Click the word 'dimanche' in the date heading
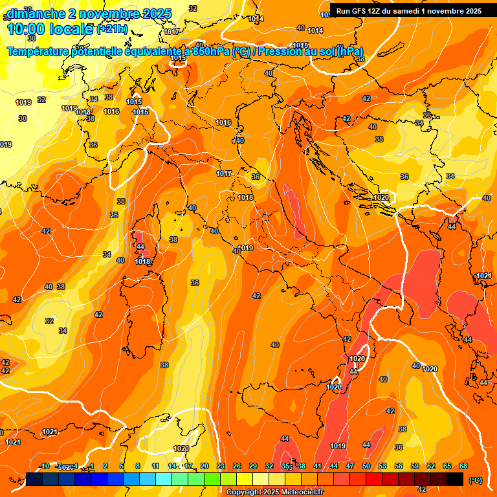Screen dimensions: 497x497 (x=34, y=13)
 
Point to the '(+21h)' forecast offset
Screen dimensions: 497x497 (x=113, y=29)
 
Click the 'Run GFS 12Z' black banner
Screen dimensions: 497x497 (x=408, y=11)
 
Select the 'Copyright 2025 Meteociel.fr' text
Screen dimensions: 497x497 (x=275, y=492)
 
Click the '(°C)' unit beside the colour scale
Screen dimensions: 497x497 (x=476, y=480)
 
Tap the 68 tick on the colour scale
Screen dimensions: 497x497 (x=463, y=466)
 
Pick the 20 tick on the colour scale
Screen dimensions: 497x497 (x=204, y=466)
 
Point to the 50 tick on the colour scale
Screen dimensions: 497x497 (x=366, y=466)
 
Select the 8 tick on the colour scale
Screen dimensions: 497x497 (x=138, y=466)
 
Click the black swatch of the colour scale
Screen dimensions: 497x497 (x=455, y=479)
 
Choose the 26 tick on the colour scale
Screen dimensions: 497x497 (x=237, y=466)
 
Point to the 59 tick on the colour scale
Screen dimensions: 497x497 (x=415, y=466)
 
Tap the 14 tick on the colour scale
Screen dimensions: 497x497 (x=172, y=466)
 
